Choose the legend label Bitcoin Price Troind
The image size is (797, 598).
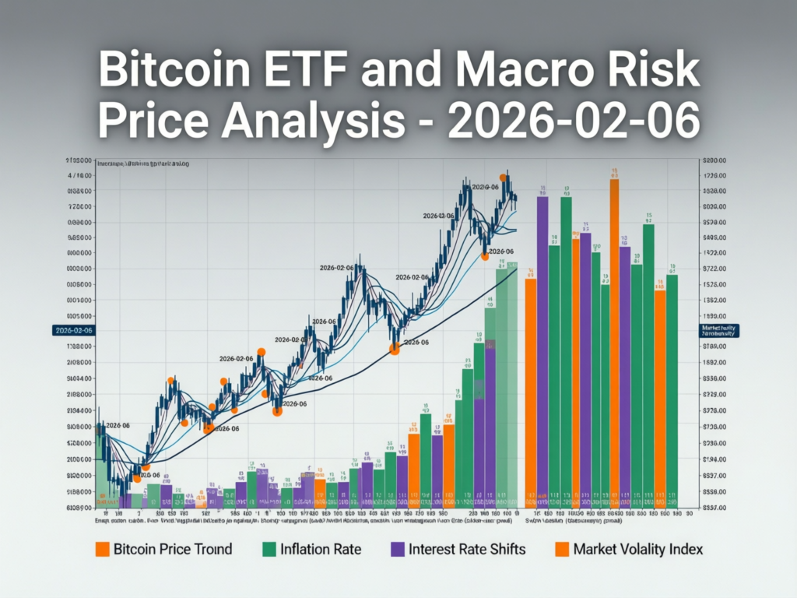coord(173,549)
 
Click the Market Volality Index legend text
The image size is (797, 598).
coord(637,549)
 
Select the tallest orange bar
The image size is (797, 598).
coord(614,343)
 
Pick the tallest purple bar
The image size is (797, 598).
coord(542,350)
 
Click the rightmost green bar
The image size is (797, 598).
coord(672,389)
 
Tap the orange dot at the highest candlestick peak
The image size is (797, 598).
coord(503,178)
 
